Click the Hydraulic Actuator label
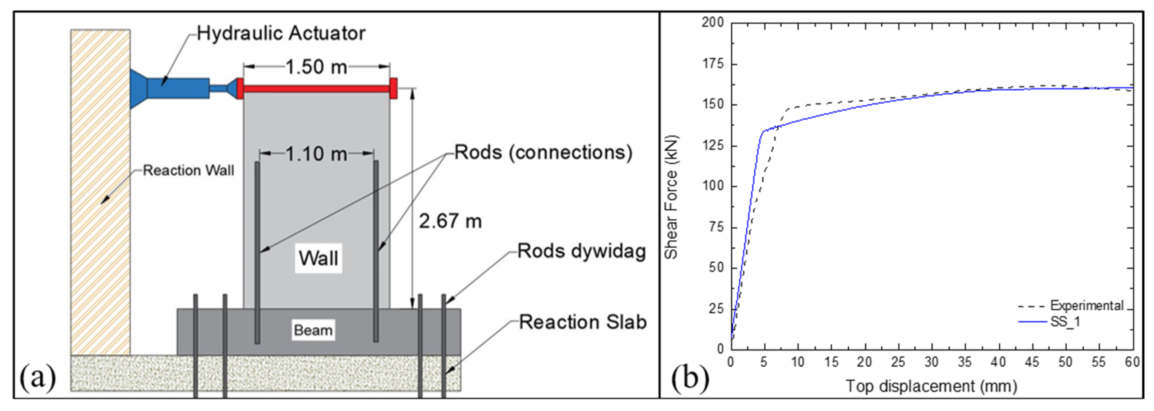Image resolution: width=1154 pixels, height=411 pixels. coord(281,34)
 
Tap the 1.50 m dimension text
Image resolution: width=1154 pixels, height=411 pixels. coord(316,67)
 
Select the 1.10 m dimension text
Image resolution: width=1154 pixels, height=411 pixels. coord(316,154)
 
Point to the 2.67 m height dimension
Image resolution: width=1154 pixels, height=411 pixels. coord(450,221)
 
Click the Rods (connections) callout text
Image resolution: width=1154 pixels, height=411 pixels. coord(543,153)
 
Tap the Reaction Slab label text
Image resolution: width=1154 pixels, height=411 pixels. coord(582,322)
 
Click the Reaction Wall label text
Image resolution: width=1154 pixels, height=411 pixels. coord(188,171)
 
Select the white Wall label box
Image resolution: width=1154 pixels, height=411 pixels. coord(318,258)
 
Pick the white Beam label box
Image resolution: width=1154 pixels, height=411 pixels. coord(313,330)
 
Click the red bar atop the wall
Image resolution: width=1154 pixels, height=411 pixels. coord(316,89)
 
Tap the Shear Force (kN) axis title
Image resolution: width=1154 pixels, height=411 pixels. coord(671,197)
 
